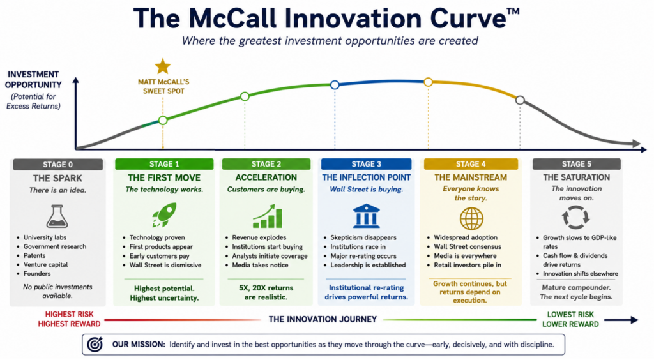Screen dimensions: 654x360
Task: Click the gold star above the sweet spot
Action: click(163, 66)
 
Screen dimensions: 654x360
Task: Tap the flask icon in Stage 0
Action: click(57, 216)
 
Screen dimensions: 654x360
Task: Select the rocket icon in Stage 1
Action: click(164, 215)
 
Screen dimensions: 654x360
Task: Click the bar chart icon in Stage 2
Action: click(268, 216)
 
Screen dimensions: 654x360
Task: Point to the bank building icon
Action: click(366, 216)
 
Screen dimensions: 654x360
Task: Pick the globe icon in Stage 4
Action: click(471, 218)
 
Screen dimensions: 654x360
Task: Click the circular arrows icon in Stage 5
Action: click(575, 217)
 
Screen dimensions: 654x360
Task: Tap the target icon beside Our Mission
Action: click(95, 344)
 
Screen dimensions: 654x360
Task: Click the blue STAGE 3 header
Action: click(366, 164)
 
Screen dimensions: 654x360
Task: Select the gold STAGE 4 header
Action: click(471, 164)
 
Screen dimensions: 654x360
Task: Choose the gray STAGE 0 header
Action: click(58, 164)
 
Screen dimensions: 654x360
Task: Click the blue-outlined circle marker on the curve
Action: click(335, 85)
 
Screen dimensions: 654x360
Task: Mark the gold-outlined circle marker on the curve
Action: click(429, 82)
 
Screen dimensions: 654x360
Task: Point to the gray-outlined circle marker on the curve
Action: click(520, 100)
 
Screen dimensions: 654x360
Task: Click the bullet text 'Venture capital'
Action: click(45, 265)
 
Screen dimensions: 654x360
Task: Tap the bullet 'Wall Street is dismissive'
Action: click(165, 265)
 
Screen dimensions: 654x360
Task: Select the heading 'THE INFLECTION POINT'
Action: click(366, 177)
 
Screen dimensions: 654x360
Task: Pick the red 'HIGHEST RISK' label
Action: click(69, 314)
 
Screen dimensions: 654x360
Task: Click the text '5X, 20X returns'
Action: click(266, 288)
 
